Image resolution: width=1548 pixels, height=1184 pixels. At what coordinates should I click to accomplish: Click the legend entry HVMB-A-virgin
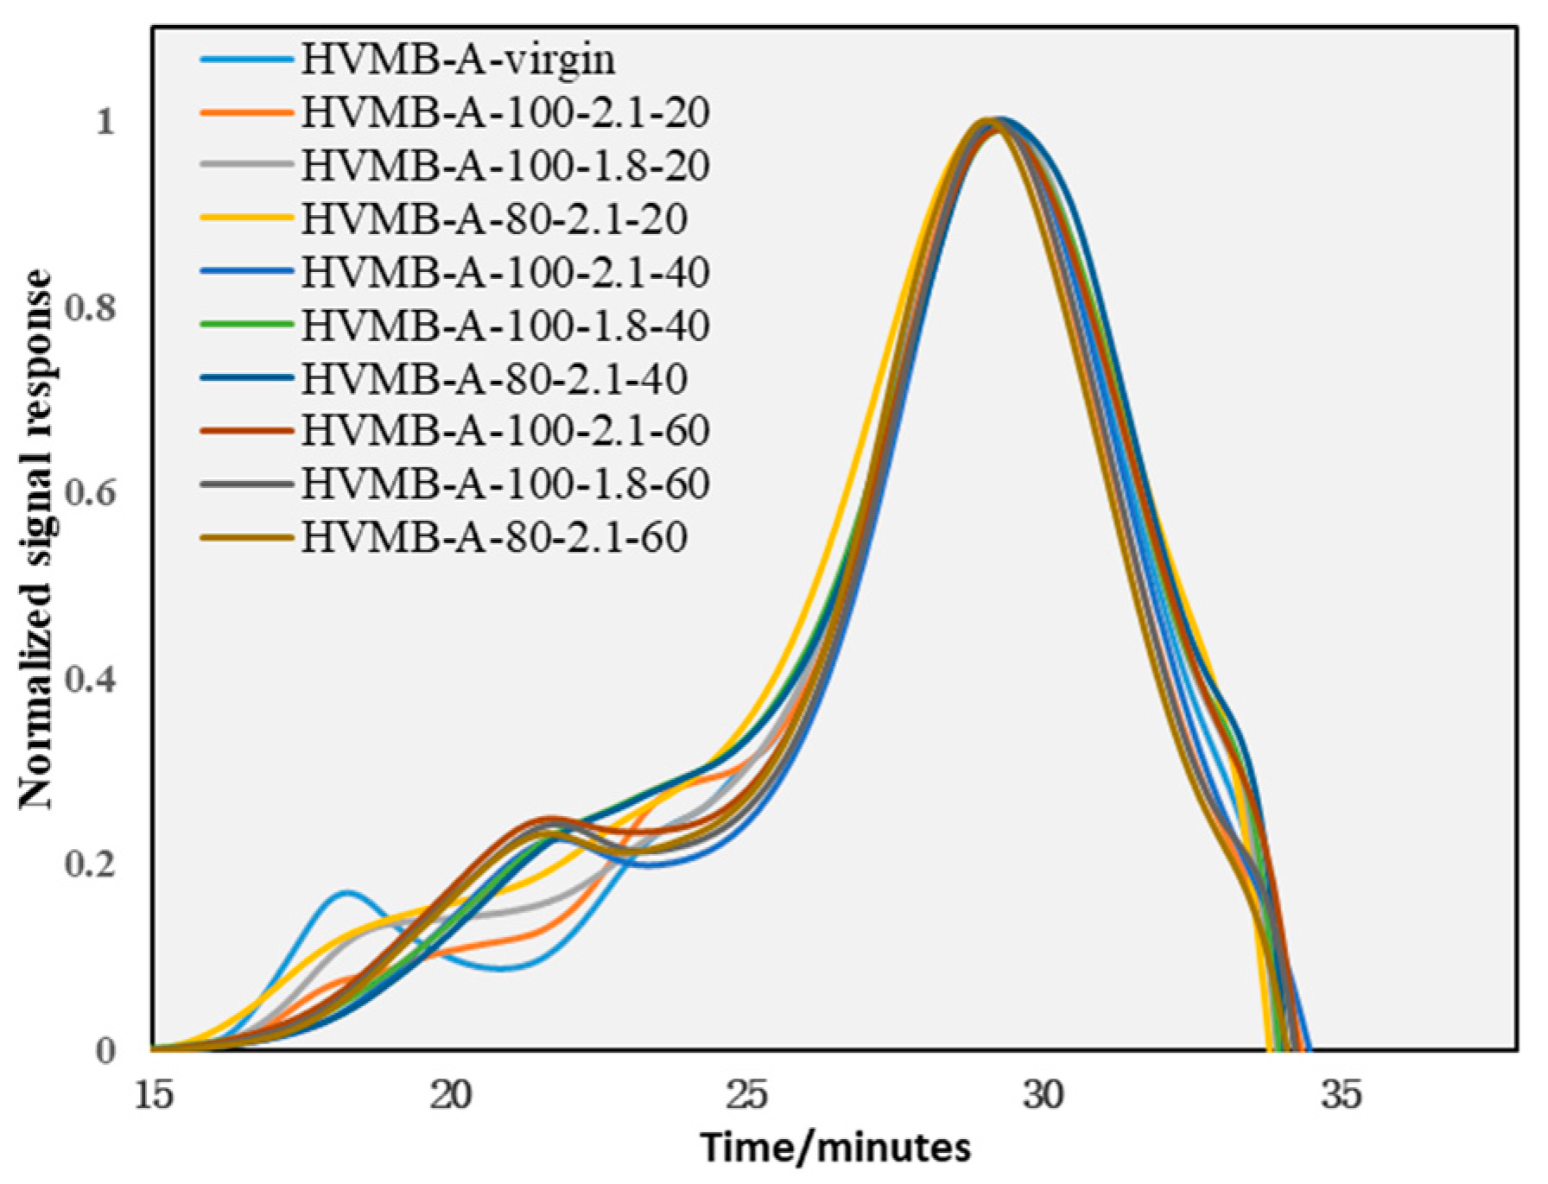pos(458,59)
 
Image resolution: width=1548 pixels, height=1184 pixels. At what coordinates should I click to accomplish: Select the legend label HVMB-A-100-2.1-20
pos(505,112)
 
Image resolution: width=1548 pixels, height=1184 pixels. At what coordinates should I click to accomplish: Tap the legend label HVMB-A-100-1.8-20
pos(505,165)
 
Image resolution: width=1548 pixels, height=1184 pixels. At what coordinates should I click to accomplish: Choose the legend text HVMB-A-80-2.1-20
pos(494,218)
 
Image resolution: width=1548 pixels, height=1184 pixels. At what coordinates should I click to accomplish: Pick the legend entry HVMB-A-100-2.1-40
pos(505,271)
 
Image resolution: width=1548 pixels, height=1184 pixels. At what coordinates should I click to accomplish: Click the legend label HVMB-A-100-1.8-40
pos(505,325)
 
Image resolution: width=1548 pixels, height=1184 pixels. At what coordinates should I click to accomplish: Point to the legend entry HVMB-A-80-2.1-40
pos(494,378)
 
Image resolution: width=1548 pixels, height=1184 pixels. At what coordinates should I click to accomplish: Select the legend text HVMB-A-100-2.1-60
pos(505,430)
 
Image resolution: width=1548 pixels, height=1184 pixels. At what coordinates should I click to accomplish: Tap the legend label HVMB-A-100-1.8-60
pos(505,484)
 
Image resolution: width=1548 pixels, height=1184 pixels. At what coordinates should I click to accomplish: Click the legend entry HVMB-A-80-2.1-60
pos(494,537)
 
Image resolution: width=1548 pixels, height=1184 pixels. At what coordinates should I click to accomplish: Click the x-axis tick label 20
pos(450,1096)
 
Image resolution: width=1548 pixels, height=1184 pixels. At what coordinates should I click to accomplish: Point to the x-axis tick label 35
pos(1341,1096)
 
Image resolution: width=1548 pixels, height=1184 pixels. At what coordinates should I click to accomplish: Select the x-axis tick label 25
pos(747,1096)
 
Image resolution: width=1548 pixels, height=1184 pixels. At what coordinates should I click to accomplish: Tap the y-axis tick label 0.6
pos(90,493)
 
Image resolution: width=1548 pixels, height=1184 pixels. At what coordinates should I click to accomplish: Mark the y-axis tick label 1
pos(105,122)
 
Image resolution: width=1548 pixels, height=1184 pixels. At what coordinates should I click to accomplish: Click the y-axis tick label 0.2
pos(90,864)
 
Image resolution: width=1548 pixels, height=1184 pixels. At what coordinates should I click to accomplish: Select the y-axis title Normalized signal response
pos(36,540)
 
